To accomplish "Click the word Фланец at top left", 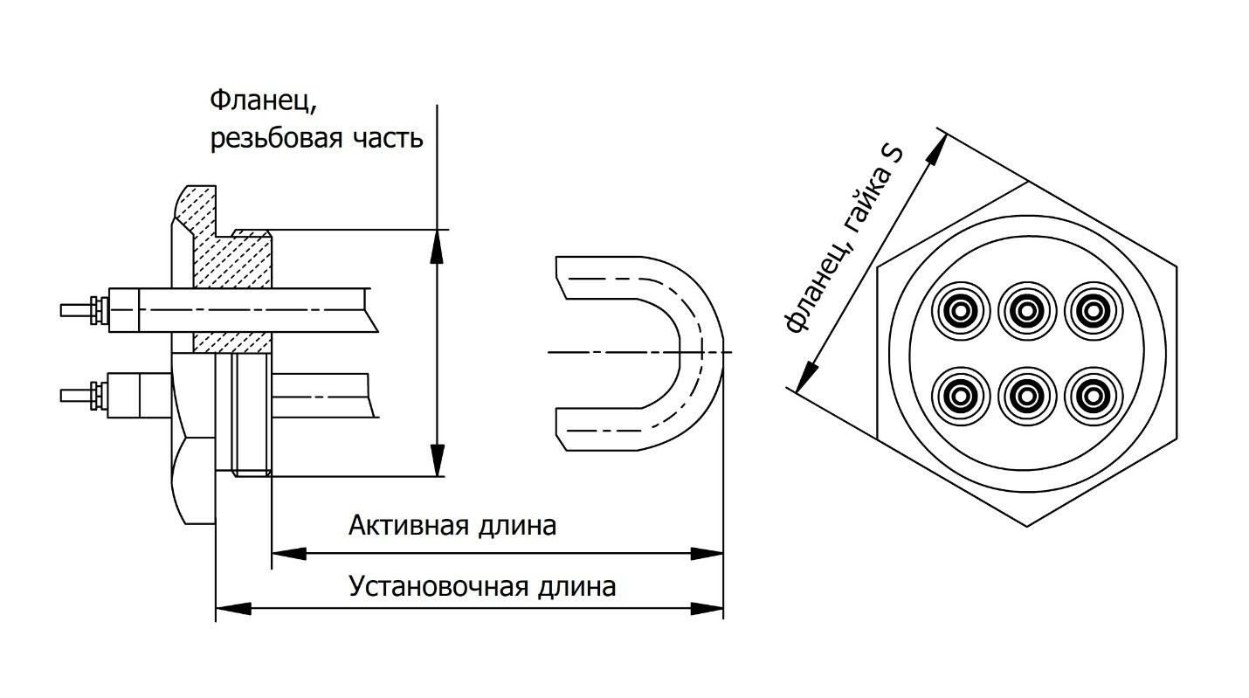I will point(260,102).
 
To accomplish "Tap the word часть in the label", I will point(392,139).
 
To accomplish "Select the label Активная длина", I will point(452,526).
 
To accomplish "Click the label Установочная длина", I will point(482,584).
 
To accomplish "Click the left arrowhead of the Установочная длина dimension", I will point(232,607).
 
